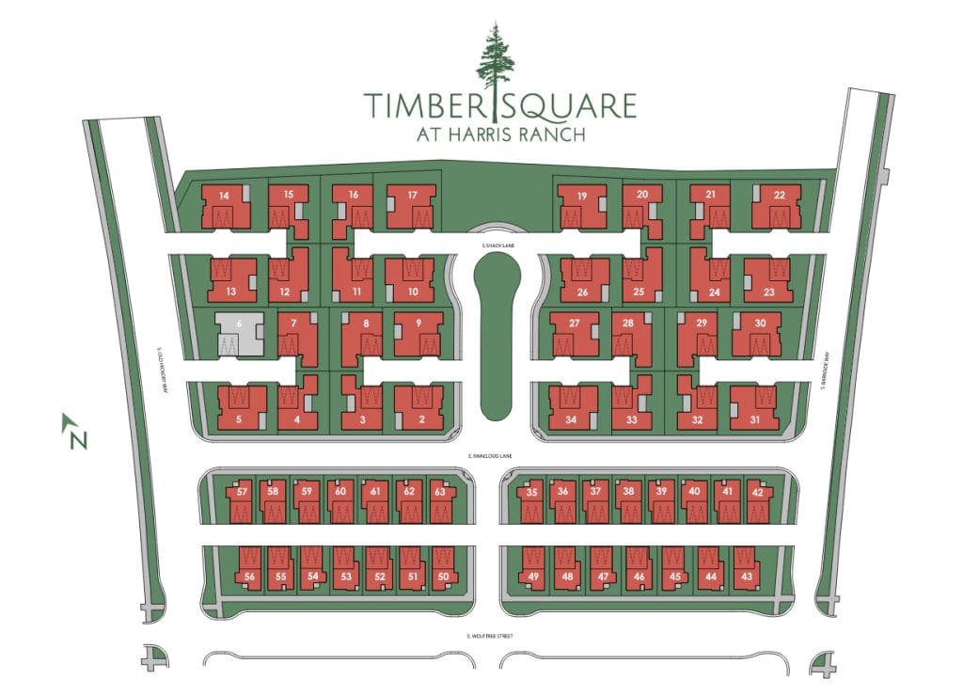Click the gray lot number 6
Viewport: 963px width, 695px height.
point(239,333)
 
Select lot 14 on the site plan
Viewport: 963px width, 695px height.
point(225,206)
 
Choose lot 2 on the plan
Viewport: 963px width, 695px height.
point(419,408)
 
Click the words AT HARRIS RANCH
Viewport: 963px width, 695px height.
point(501,134)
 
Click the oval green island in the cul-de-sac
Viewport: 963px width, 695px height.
point(497,339)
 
